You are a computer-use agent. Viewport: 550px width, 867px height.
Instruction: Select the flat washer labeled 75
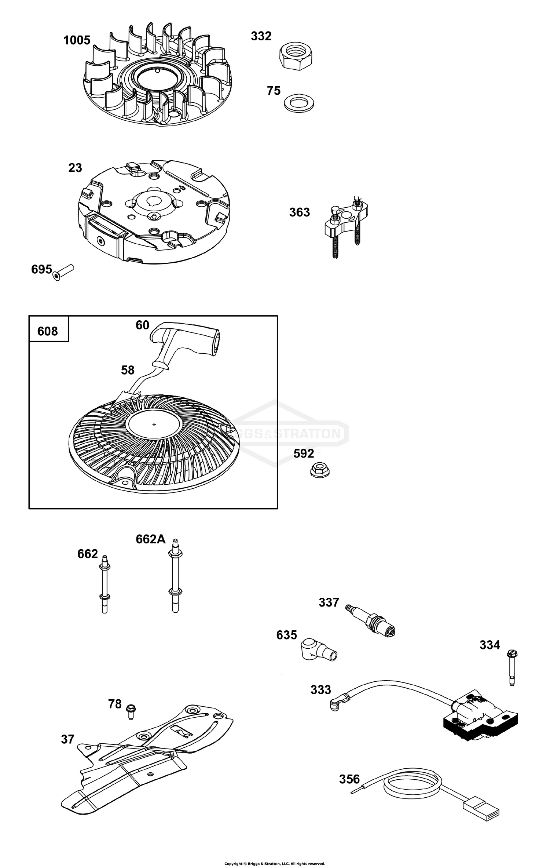coord(299,103)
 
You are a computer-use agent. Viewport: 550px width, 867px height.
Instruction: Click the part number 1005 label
coord(77,40)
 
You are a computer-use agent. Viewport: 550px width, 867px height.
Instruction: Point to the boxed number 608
coord(48,331)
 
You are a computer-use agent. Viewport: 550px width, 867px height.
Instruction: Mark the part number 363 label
coord(300,212)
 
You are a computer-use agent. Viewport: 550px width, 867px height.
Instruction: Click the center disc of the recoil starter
coord(154,425)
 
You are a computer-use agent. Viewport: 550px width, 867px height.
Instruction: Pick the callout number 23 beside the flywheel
coord(75,168)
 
